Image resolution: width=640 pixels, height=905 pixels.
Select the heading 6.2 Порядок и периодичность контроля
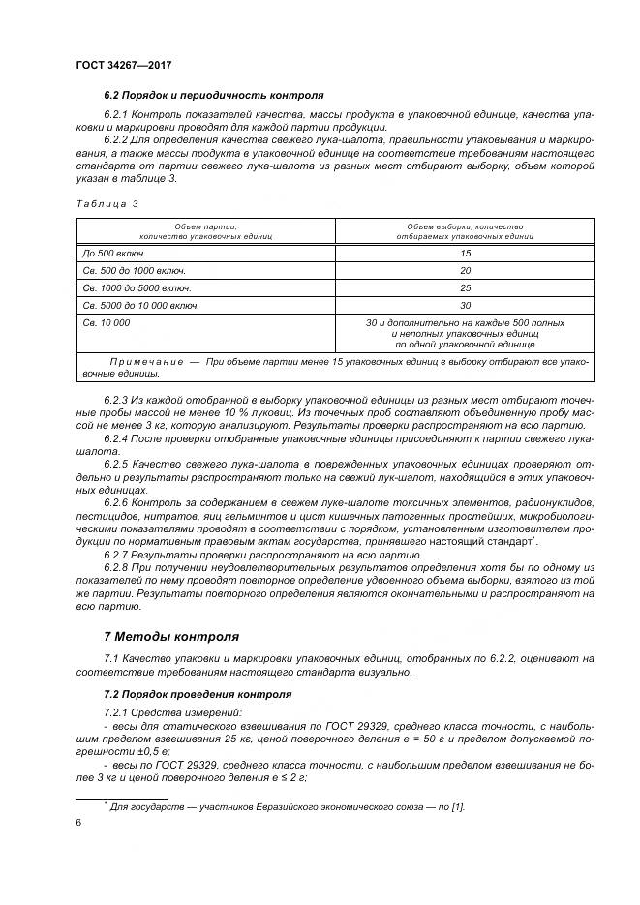click(x=213, y=96)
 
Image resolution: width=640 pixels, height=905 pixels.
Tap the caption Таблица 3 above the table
click(x=107, y=204)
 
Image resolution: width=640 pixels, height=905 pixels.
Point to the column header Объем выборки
click(x=465, y=225)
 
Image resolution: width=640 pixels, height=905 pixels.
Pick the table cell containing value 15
click(x=465, y=253)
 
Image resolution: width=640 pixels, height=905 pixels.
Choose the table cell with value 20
click(x=465, y=270)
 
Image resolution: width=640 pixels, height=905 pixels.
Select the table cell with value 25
click(x=465, y=287)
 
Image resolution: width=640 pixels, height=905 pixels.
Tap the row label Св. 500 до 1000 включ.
click(x=135, y=270)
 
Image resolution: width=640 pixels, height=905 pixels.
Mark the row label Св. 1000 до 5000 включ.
click(x=137, y=287)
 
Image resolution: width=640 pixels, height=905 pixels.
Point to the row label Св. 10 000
click(x=107, y=322)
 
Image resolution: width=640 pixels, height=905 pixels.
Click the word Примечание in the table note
click(x=142, y=361)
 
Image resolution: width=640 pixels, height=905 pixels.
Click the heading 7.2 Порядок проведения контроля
click(x=196, y=695)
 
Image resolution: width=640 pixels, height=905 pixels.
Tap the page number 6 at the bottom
click(x=77, y=822)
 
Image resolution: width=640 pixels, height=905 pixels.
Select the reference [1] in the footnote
click(x=459, y=805)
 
